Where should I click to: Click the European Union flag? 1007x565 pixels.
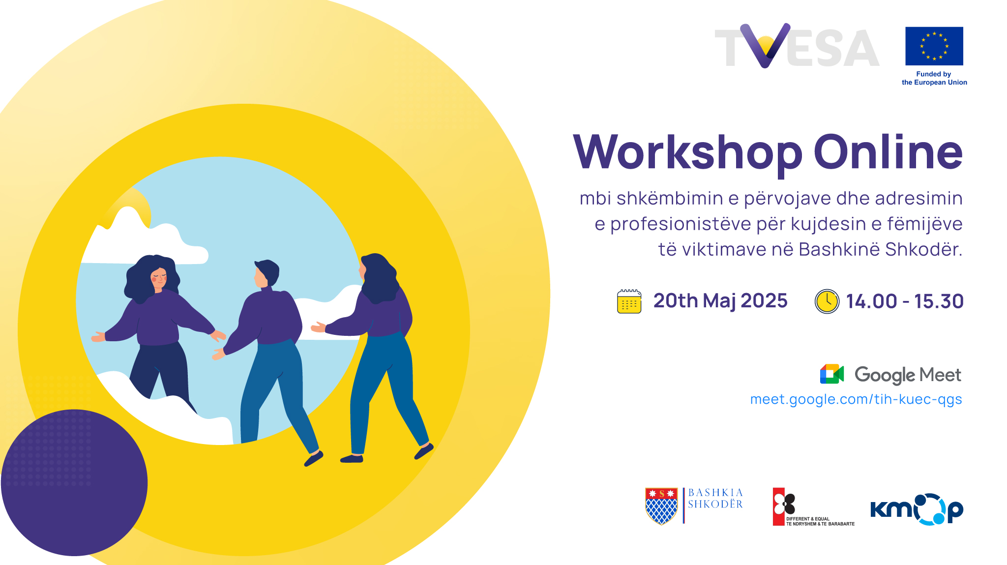point(934,46)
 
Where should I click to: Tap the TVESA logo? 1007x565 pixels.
point(797,46)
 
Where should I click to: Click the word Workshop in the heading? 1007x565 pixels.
point(687,153)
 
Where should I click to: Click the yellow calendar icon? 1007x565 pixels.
point(629,301)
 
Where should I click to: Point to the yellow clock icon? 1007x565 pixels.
point(827,301)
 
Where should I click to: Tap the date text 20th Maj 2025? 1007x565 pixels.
point(720,301)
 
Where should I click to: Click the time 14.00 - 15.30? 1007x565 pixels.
point(905,301)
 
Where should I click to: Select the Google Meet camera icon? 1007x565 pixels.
point(832,374)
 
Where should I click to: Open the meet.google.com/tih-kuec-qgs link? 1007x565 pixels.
point(856,399)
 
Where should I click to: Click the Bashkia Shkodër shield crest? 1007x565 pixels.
point(661,506)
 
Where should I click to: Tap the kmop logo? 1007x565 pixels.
point(917,509)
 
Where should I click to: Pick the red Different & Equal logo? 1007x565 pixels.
point(813,507)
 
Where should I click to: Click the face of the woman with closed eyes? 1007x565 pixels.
point(158,279)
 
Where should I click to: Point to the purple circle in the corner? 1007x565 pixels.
point(74,482)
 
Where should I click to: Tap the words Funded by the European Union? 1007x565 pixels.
point(934,78)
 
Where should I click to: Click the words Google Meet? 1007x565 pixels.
point(908,375)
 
